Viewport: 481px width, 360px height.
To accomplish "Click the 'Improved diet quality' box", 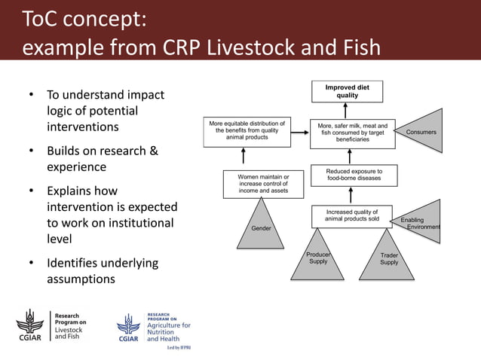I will (x=347, y=91).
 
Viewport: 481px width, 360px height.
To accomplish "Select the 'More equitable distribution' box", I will (x=247, y=130).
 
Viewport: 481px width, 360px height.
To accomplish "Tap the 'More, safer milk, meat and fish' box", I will (x=352, y=132).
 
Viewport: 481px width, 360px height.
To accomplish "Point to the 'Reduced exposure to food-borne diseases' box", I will (x=353, y=175).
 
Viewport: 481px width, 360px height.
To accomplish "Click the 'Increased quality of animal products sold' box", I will (x=352, y=215).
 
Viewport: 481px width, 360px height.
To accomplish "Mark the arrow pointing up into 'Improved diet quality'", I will (x=348, y=110).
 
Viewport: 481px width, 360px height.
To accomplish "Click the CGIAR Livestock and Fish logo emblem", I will (x=30, y=325).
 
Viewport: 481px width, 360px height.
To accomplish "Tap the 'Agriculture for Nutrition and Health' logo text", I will (x=168, y=328).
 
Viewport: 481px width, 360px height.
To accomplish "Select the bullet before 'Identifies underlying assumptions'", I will (x=31, y=264).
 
